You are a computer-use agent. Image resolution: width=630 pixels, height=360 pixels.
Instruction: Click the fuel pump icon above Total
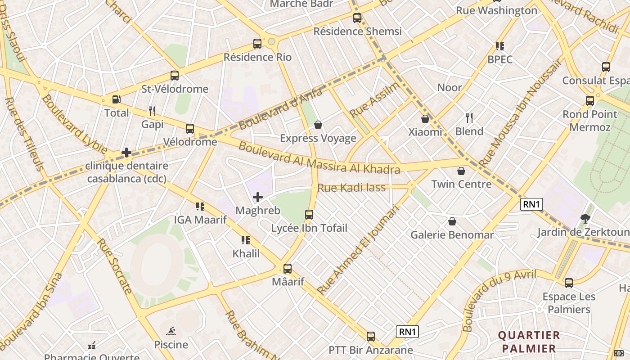point(116,99)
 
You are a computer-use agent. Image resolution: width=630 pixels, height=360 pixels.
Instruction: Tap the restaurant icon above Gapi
point(152,111)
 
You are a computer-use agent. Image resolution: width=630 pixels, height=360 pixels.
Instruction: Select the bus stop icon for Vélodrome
point(190,129)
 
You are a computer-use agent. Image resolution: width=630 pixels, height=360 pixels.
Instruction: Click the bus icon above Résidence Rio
point(257,44)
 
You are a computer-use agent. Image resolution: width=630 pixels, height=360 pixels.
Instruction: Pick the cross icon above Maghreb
point(258,197)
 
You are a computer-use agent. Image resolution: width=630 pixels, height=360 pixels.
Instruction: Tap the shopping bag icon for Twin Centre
point(461,171)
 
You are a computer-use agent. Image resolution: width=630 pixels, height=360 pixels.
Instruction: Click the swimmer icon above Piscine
point(171,332)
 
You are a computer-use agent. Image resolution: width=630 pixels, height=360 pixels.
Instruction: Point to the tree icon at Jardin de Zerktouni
point(585,219)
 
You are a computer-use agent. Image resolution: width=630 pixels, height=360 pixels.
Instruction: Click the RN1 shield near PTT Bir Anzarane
point(408,332)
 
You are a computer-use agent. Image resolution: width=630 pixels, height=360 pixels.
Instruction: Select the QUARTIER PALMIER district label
point(529,342)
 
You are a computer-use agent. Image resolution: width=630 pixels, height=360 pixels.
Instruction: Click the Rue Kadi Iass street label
point(351,188)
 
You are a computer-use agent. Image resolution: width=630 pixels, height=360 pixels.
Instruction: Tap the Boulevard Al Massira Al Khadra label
point(319,158)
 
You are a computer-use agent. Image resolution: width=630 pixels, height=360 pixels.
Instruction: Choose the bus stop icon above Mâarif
point(288,269)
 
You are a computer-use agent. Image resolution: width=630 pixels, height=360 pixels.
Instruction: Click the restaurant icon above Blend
point(469,118)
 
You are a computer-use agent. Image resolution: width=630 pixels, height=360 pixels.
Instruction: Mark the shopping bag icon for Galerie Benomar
point(452,221)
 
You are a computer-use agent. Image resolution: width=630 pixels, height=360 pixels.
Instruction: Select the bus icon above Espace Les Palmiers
point(569,283)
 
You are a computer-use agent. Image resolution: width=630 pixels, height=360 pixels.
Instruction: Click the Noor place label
point(450,87)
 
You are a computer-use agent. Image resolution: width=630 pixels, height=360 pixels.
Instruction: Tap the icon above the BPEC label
point(499,46)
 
